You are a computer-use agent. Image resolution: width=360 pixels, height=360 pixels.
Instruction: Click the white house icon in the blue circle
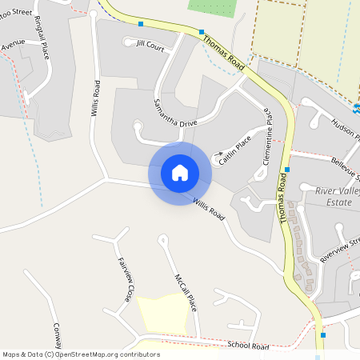click(x=179, y=172)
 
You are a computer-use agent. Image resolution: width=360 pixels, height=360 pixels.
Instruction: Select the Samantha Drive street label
click(x=175, y=113)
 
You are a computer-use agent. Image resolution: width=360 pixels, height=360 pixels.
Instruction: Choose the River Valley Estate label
click(x=334, y=197)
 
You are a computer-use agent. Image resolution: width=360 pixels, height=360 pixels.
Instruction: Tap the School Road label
click(x=248, y=346)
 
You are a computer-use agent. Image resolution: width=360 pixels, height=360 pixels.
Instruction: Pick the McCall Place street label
click(x=186, y=292)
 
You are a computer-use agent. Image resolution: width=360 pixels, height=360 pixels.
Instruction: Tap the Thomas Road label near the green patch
click(x=223, y=53)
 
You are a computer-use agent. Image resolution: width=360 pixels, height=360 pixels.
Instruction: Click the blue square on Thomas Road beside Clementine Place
click(x=286, y=170)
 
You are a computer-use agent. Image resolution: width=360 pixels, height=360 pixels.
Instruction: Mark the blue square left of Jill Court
click(x=141, y=24)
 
